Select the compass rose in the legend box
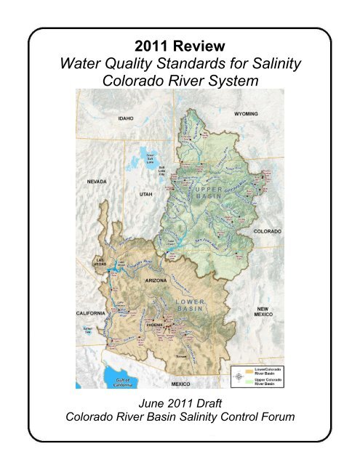[x=239, y=376]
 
